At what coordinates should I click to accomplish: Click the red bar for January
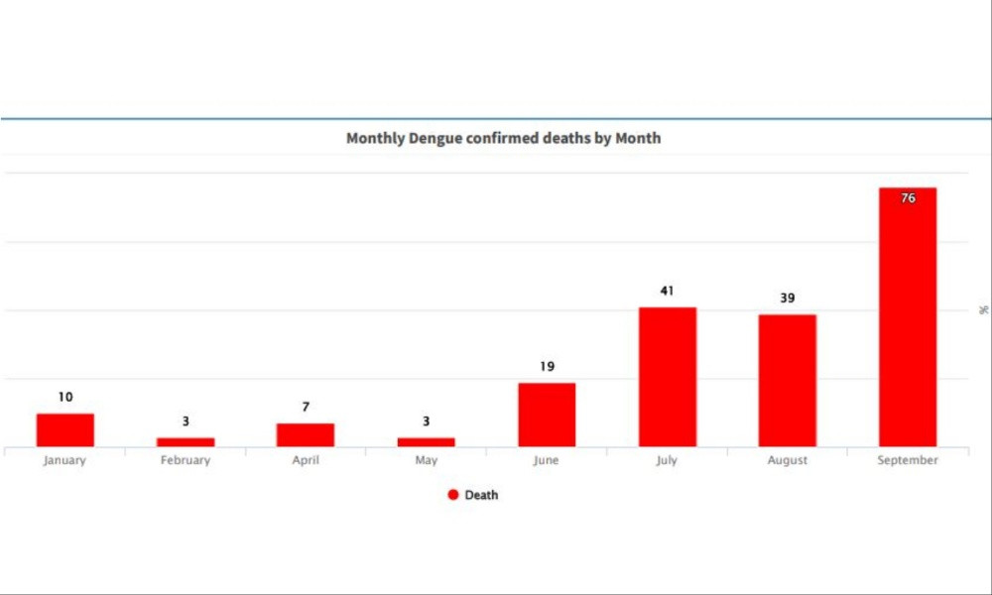pos(65,430)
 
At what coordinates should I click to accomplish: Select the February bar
pos(186,441)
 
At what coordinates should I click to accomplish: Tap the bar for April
pos(306,435)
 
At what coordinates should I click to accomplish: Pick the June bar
pos(547,415)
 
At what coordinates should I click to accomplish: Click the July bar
pos(667,377)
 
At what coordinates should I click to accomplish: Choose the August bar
pos(788,381)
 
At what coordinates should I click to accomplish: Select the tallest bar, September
pos(908,317)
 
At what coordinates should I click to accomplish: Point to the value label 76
pos(908,198)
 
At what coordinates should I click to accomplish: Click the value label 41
pos(667,292)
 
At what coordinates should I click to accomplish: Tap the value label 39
pos(788,298)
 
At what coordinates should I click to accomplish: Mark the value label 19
pos(547,367)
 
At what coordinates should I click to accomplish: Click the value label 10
pos(65,398)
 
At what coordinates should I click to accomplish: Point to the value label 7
pos(306,408)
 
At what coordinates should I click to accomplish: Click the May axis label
pos(427,460)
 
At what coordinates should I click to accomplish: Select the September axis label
pos(908,460)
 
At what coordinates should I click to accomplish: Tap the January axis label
pos(65,460)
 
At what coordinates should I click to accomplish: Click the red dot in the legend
pos(453,495)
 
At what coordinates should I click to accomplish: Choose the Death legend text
pos(481,495)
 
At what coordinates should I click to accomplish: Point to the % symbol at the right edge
pos(983,310)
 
